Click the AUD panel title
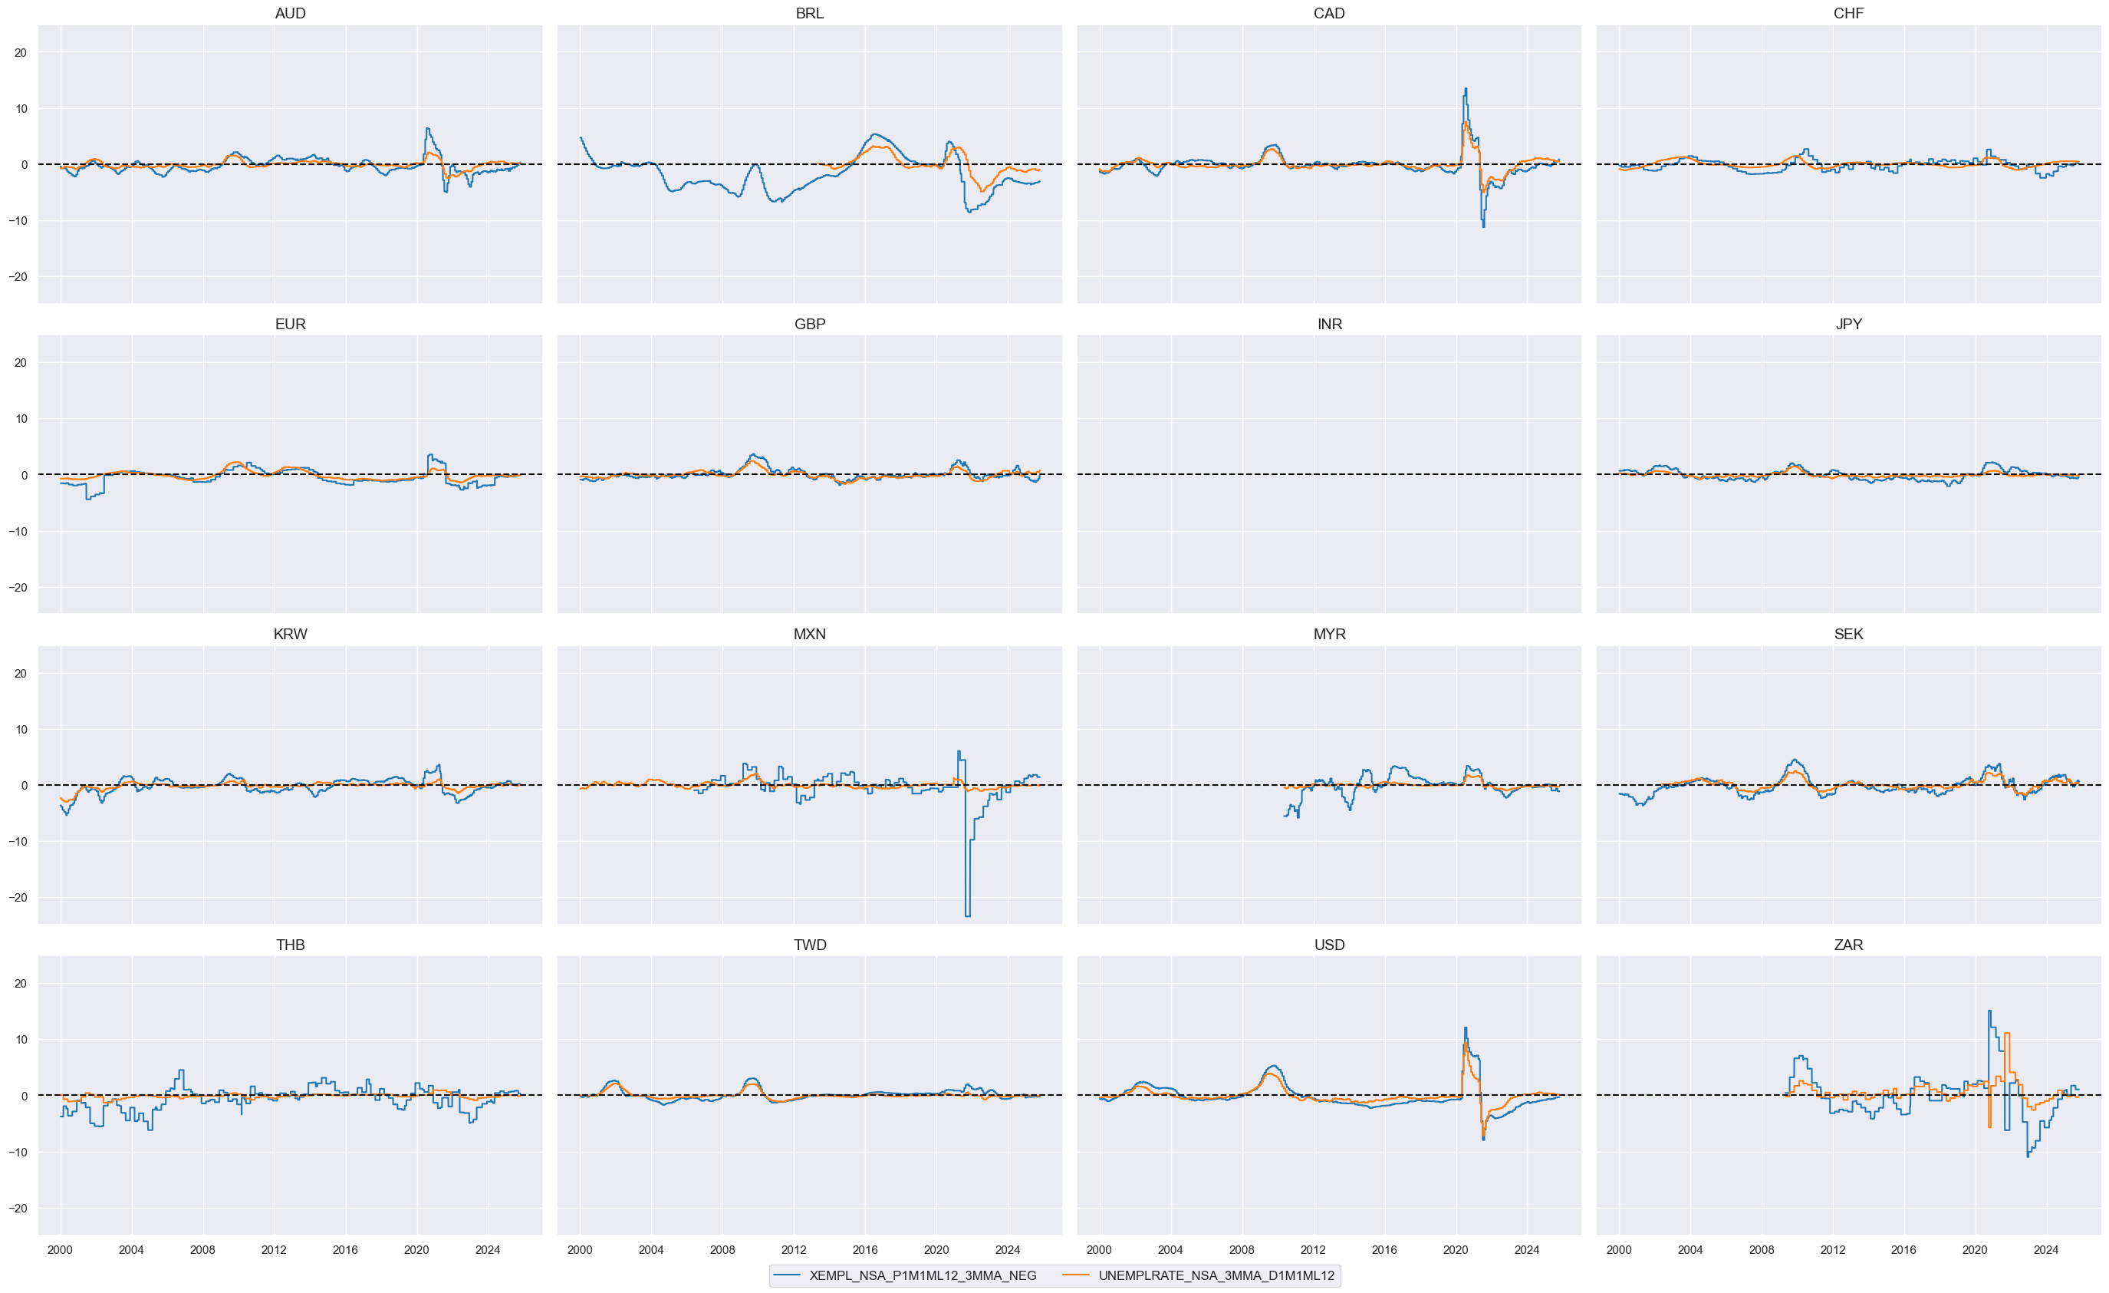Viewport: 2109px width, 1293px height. coord(290,14)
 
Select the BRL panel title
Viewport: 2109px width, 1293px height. coord(809,14)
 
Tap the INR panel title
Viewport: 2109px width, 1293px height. coord(1329,325)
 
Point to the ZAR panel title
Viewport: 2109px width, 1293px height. coord(1848,945)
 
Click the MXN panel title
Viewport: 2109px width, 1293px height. coord(809,635)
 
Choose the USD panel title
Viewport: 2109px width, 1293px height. coord(1329,945)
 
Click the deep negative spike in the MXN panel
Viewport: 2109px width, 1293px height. coord(967,915)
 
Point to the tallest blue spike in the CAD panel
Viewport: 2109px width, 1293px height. coord(1466,89)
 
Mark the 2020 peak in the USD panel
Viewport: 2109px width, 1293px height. coord(1466,1028)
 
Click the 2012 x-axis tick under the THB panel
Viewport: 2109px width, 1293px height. coord(274,1250)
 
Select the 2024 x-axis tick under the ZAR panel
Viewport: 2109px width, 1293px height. coord(2045,1250)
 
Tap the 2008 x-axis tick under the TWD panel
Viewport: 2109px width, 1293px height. coord(722,1250)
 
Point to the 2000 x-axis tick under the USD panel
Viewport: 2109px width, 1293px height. coord(1099,1250)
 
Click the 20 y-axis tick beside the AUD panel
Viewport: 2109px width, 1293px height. coord(21,52)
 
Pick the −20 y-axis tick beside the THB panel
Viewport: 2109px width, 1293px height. coord(17,1209)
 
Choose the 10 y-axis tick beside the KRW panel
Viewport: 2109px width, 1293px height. coord(21,730)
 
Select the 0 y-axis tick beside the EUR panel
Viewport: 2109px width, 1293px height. coord(24,475)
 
